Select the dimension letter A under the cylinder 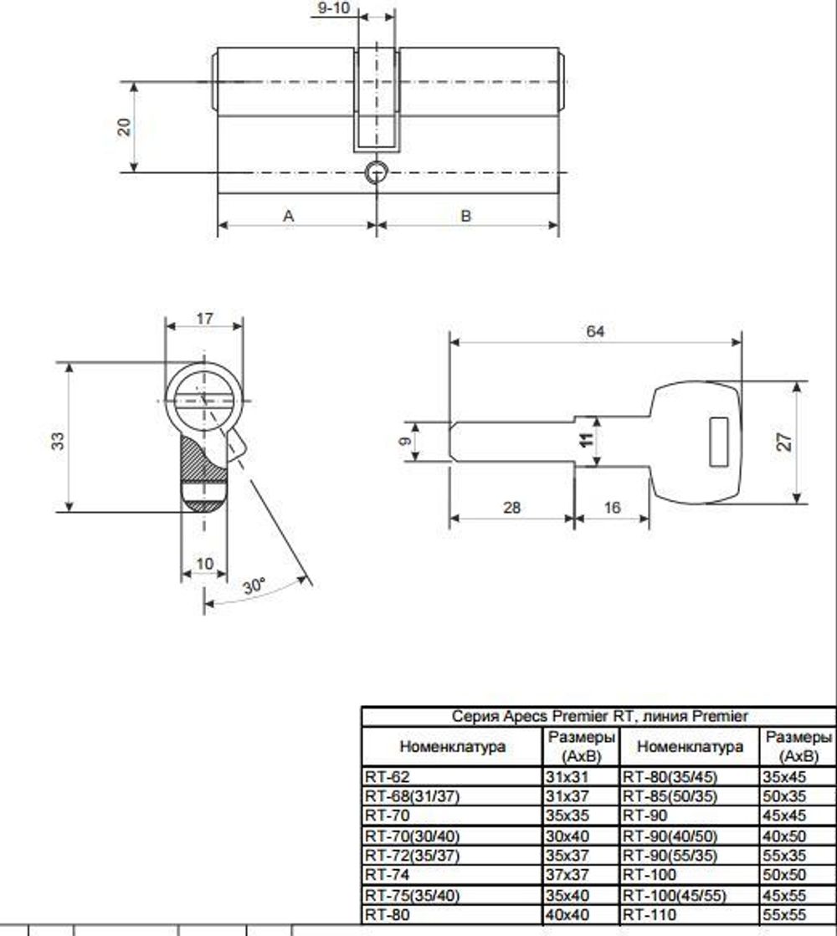tap(289, 216)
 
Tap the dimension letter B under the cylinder tap(466, 216)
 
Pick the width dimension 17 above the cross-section tap(204, 319)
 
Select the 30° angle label tap(254, 586)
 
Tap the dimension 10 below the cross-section tap(204, 564)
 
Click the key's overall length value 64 tap(594, 331)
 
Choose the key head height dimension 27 tap(785, 442)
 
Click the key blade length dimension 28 tap(512, 508)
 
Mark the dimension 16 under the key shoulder tap(612, 508)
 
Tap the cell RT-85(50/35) tap(670, 795)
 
